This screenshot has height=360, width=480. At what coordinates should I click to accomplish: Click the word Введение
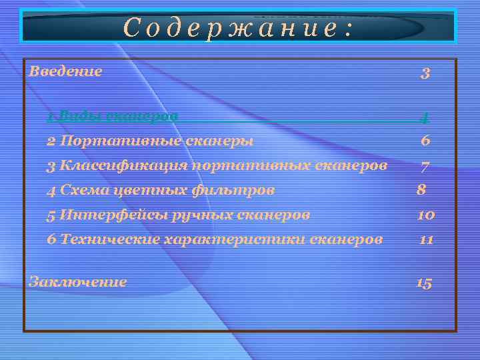point(65,71)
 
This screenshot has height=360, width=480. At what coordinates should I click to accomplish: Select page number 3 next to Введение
point(425,73)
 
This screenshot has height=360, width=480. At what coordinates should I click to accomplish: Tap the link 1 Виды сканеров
point(112,116)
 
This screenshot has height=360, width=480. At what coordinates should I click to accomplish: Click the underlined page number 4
point(424,117)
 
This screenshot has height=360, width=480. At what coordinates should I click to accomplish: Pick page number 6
point(425,141)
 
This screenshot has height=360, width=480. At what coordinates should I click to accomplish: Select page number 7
point(424,165)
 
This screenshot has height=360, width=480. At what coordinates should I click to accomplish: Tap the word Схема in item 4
point(77,190)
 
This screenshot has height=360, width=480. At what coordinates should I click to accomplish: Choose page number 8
point(421,190)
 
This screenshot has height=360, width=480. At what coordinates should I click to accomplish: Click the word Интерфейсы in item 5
point(101,215)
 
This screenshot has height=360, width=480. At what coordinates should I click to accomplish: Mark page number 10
point(425,215)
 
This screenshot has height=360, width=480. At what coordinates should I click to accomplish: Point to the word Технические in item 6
point(110,239)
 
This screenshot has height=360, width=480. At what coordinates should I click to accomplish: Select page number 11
point(426,239)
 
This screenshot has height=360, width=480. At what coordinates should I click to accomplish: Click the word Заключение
point(77,281)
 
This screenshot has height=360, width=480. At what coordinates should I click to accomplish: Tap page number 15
point(424,283)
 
